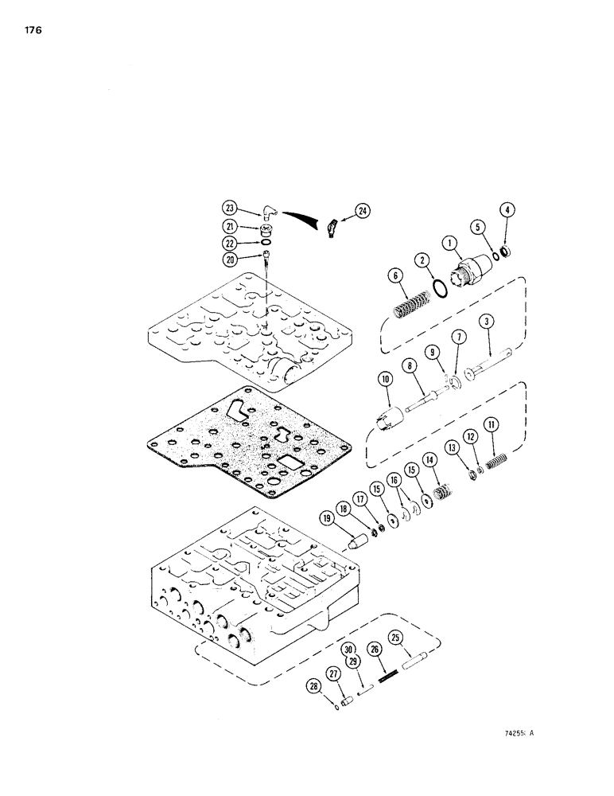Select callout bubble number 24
click(x=362, y=211)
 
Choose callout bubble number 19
click(x=328, y=517)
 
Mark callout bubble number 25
click(x=395, y=637)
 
